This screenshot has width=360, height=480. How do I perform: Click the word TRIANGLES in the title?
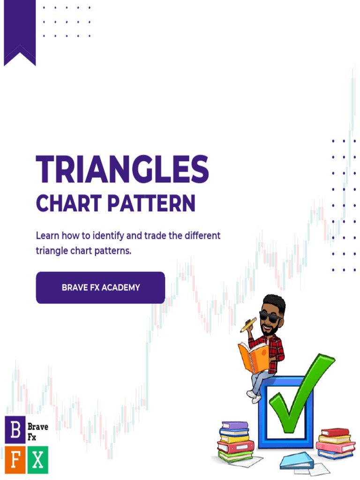point(122,169)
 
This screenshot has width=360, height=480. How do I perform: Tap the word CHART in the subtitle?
point(67,204)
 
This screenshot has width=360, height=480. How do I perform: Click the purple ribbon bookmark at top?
point(20,30)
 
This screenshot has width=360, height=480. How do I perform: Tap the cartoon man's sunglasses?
point(270,316)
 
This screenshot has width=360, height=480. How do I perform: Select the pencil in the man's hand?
point(248,324)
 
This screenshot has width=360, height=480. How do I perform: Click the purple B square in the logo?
point(15,430)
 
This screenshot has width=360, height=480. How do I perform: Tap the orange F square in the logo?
point(15,459)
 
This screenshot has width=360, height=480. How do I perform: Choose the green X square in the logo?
point(37,459)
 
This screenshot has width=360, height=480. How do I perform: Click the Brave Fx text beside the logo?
point(37,432)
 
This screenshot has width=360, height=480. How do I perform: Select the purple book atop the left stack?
point(235,426)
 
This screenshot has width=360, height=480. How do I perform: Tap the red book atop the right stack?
point(335,432)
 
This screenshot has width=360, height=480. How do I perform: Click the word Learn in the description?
point(48,235)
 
